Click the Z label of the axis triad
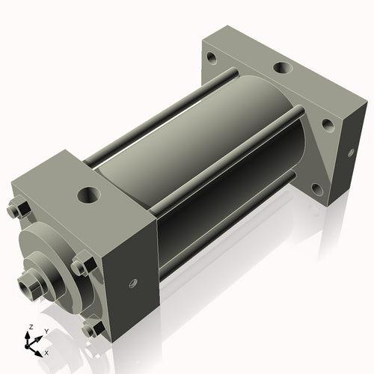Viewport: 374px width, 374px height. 30,328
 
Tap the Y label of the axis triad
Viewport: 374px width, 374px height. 46,331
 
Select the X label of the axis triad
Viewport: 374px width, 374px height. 47,352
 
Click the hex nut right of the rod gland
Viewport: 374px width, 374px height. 82,267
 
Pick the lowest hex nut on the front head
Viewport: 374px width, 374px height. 93,328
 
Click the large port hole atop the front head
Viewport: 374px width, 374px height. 90,196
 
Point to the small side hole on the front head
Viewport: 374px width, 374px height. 133,283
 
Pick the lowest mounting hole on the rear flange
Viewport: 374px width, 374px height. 328,126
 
